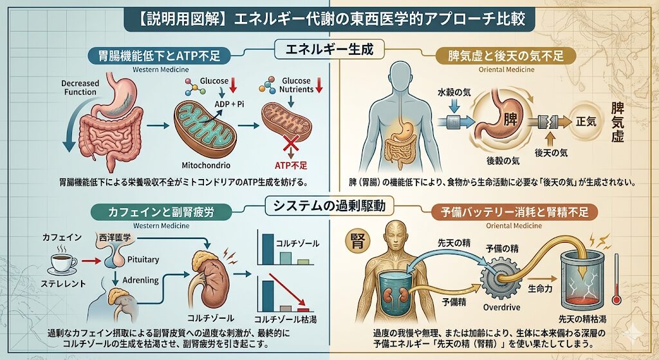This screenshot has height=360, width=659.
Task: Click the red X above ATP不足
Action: (x=290, y=145)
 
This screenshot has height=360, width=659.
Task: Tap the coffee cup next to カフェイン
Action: (x=64, y=263)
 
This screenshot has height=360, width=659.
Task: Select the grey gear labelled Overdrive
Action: (x=500, y=279)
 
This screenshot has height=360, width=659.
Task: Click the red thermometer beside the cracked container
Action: (x=617, y=278)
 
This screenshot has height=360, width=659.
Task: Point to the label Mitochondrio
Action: (x=205, y=166)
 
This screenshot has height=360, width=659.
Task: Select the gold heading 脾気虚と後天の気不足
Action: (x=506, y=56)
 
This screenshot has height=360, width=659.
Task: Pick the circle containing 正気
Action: (x=586, y=122)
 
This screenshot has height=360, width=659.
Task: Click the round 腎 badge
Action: (x=357, y=241)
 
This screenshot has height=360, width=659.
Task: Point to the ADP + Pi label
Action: (x=229, y=104)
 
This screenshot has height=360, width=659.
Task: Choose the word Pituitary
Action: (x=143, y=260)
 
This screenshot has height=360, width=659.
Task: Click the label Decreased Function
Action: (x=80, y=88)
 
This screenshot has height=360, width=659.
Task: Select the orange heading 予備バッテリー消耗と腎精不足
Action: (x=514, y=213)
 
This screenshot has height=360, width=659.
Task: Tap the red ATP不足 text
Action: (x=291, y=166)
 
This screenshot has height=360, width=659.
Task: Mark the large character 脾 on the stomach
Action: (x=510, y=120)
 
